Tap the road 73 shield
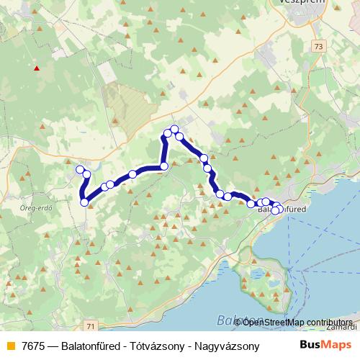click(319, 45)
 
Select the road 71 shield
click(89, 326)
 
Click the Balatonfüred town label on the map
click(283, 210)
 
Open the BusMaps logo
click(326, 345)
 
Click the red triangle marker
click(35, 69)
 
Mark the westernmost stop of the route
click(79, 169)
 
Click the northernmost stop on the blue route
click(174, 129)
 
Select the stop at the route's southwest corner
click(84, 202)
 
